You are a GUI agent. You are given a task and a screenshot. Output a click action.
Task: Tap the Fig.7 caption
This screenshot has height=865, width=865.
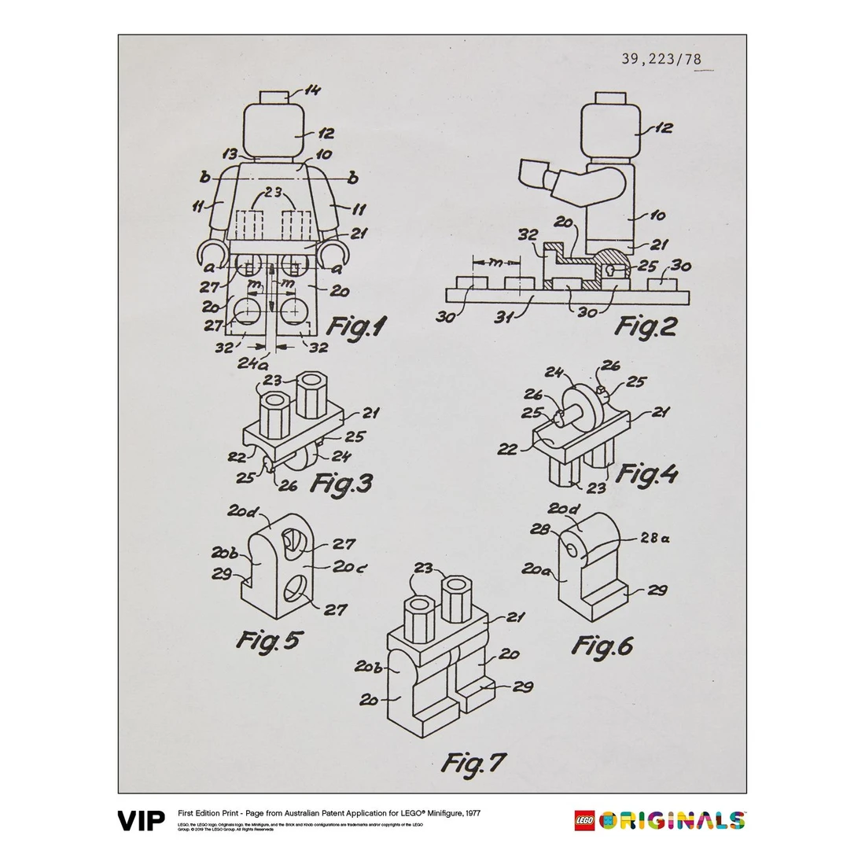coord(473,761)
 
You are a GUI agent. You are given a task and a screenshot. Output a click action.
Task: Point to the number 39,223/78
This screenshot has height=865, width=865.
coord(661,58)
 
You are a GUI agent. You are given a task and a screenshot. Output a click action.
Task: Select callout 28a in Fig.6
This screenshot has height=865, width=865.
coord(655,538)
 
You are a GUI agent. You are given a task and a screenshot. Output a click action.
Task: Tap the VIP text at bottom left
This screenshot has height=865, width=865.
coord(142,822)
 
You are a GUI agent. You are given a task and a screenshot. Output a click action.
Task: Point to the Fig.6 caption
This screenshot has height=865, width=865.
coord(602,646)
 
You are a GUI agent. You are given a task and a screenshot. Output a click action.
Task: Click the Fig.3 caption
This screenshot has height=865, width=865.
coord(340,482)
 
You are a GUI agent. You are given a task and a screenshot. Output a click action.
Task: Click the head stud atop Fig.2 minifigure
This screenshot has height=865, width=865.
coord(607,98)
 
